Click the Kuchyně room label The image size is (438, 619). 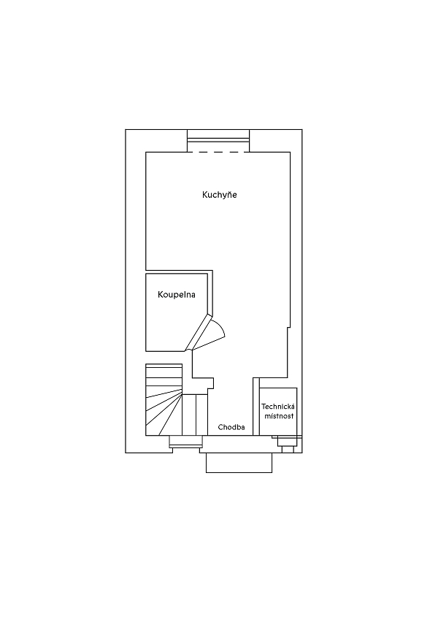219,195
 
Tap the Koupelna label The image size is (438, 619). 176,294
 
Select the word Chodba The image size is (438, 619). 231,427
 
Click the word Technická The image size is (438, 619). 278,407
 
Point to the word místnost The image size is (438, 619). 279,416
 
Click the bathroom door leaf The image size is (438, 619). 199,332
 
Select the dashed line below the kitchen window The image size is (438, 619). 218,152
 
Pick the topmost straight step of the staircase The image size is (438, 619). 164,367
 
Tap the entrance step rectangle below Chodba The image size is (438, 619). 239,463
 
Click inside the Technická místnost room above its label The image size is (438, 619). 278,395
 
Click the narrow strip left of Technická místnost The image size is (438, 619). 256,407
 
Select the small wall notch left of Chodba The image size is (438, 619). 211,383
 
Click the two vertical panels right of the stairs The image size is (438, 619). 195,415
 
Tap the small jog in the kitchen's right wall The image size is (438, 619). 288,327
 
